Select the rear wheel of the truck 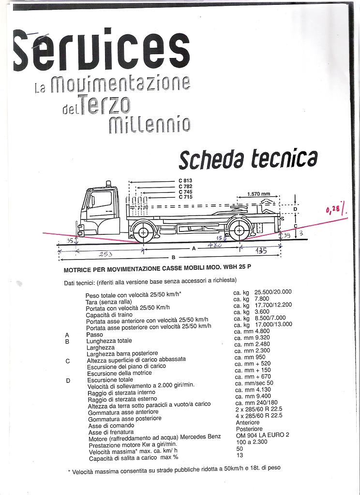tap(239, 232)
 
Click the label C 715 tap(185, 197)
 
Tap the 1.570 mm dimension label tap(258, 194)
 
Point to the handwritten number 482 tap(214, 245)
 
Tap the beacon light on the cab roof tap(108, 184)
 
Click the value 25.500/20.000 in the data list tap(273, 291)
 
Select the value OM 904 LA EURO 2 tap(262, 435)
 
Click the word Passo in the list tap(94, 335)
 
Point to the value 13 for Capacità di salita tap(240, 455)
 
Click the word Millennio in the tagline tap(150, 125)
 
